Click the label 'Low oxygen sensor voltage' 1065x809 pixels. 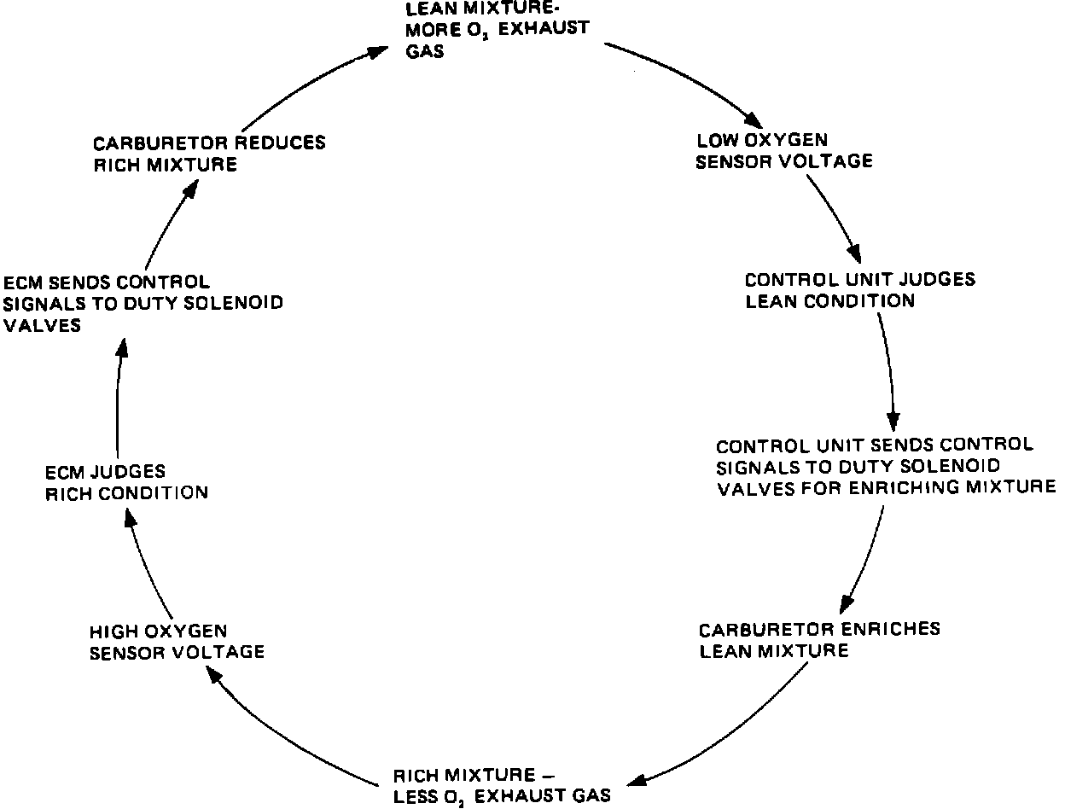click(783, 150)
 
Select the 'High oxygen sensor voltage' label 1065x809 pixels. click(176, 642)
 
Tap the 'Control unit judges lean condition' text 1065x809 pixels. click(859, 290)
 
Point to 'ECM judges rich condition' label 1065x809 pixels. click(126, 481)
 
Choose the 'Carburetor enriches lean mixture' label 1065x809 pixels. click(819, 640)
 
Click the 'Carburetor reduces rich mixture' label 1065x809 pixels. click(209, 153)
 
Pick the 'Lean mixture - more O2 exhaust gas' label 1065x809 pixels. click(497, 27)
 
